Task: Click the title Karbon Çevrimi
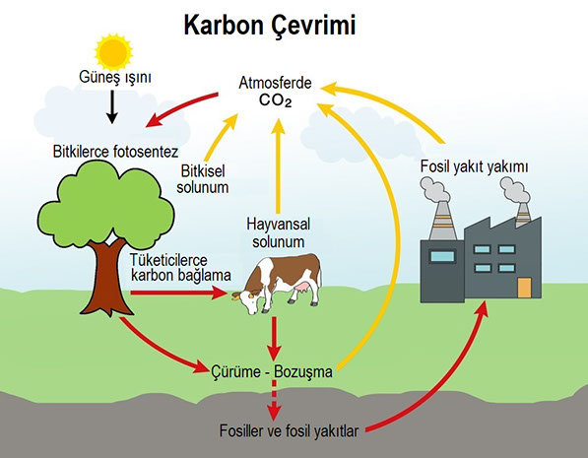tap(270, 27)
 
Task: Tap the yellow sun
tap(113, 52)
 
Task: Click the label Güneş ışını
tap(115, 77)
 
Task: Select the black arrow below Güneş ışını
tap(111, 107)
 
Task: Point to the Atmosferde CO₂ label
tap(275, 92)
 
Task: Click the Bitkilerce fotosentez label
tap(115, 152)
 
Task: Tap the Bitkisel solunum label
tap(203, 179)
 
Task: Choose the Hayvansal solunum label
tap(279, 232)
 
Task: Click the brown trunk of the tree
tap(107, 278)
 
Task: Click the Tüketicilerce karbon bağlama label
tap(180, 268)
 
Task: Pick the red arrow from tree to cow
tap(179, 293)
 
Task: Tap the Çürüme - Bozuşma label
tap(272, 371)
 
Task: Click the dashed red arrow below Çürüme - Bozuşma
tap(274, 400)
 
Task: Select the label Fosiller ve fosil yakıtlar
tap(289, 430)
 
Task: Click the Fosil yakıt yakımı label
tap(474, 166)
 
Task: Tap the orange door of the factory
tap(524, 288)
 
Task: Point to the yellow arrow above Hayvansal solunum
tap(279, 165)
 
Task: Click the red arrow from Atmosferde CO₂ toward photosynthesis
tap(182, 108)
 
